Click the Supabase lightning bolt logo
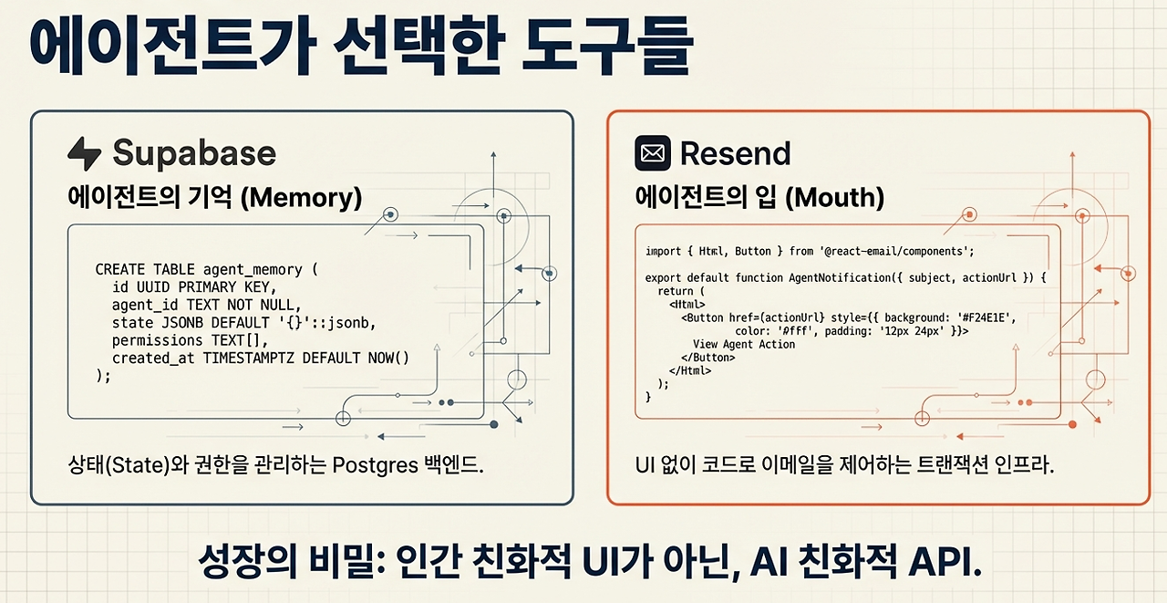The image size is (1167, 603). pyautogui.click(x=84, y=153)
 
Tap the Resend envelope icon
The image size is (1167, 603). pyautogui.click(x=652, y=153)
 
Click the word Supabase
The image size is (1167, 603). pyautogui.click(x=193, y=153)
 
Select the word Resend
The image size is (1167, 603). pyautogui.click(x=735, y=153)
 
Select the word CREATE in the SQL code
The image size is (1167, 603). pyautogui.click(x=120, y=270)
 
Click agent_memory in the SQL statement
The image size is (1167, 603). pyautogui.click(x=253, y=270)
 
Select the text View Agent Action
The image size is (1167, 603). pyautogui.click(x=744, y=345)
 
